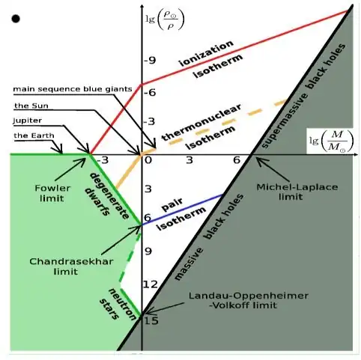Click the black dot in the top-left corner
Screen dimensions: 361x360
coord(16,19)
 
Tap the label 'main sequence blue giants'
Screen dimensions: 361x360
coord(73,89)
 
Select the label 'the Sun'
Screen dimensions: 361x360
coord(31,106)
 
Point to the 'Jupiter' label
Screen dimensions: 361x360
coord(28,120)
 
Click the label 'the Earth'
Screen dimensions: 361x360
coord(34,135)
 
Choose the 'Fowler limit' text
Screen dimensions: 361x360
coord(52,193)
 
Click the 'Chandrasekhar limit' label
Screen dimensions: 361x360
coord(71,266)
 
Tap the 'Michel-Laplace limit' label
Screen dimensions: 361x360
coord(297,192)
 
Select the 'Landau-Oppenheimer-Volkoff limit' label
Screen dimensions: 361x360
coord(249,300)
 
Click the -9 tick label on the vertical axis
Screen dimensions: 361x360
coord(150,61)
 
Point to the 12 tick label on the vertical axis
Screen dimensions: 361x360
coord(151,284)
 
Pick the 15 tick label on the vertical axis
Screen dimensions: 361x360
coord(151,320)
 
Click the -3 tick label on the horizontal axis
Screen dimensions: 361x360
coord(103,160)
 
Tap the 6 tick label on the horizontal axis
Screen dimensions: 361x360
coord(237,160)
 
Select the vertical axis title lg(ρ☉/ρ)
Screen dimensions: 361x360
coord(165,20)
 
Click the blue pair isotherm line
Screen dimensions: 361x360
coord(182,210)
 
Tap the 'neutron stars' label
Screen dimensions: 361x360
coord(118,304)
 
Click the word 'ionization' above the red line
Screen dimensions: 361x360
coord(207,53)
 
